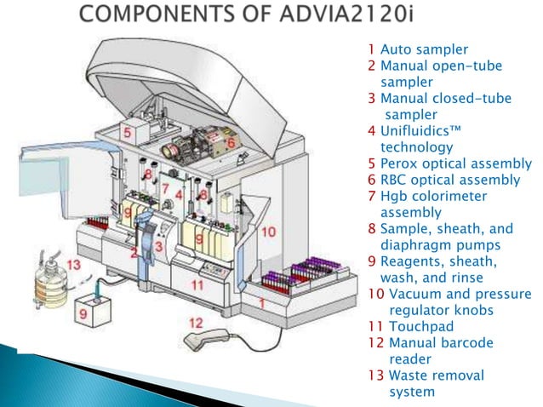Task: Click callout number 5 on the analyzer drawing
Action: click(126, 133)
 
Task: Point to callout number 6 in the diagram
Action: click(231, 144)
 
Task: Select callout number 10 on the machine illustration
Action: click(268, 231)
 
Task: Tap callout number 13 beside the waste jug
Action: click(73, 265)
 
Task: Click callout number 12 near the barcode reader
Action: click(196, 323)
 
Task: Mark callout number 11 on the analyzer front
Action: click(197, 284)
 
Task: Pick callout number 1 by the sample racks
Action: click(262, 302)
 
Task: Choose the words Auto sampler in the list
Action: click(418, 49)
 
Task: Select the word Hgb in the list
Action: click(394, 196)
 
